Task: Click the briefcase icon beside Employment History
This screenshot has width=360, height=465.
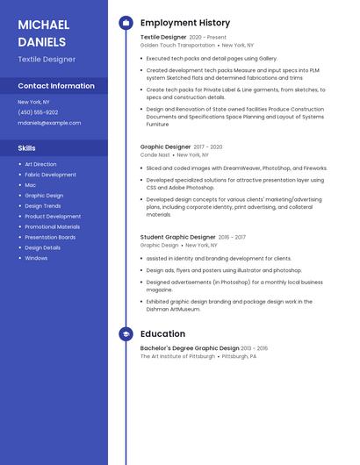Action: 126,23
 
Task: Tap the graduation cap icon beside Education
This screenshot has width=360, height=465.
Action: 126,334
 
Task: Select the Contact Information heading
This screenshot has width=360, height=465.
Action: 56,86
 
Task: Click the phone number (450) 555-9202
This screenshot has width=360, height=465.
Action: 38,112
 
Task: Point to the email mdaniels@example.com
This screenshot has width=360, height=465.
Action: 49,123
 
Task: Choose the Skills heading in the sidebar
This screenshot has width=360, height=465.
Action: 27,148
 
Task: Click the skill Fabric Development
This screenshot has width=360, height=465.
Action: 50,175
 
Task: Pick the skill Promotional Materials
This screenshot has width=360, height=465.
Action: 52,226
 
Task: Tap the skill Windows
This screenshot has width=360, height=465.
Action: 36,258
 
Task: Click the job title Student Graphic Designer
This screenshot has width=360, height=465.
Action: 178,237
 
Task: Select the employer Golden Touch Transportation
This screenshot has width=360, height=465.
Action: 177,45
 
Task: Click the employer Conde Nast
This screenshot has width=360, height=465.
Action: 155,154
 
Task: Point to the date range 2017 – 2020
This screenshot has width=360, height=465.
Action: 208,147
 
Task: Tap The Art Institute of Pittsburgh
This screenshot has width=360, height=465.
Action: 177,357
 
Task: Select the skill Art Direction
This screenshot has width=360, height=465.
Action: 40,164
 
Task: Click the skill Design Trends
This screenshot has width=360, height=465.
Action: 43,205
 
